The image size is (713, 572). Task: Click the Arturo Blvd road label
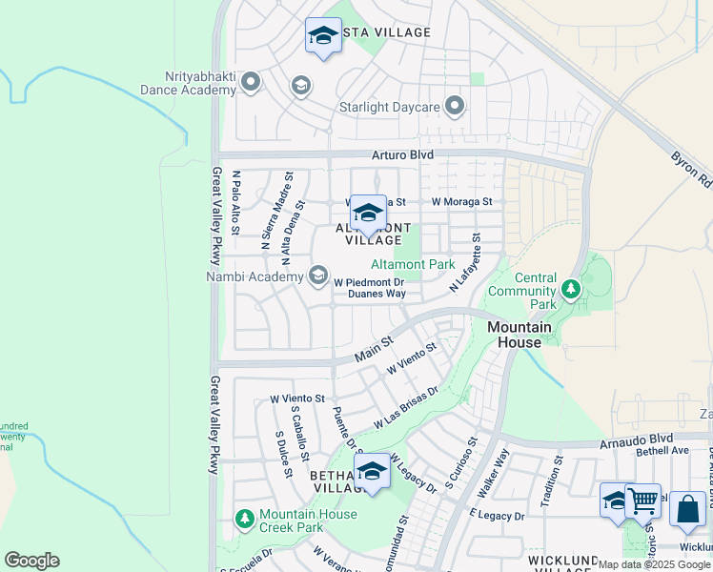(x=402, y=154)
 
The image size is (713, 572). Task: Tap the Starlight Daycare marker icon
(x=455, y=106)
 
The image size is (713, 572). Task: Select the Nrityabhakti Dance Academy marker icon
(x=252, y=82)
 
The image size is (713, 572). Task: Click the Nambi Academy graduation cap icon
(x=317, y=276)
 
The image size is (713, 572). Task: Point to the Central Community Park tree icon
(x=570, y=288)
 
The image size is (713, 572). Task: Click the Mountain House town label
(x=519, y=334)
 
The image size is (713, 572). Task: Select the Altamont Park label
(x=413, y=264)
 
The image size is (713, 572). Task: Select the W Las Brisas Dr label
(x=405, y=407)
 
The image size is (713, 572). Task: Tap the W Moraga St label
(x=461, y=202)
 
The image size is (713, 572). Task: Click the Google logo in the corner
(x=31, y=561)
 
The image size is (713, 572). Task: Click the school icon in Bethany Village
(x=372, y=470)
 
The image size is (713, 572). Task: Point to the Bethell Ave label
(x=662, y=450)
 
